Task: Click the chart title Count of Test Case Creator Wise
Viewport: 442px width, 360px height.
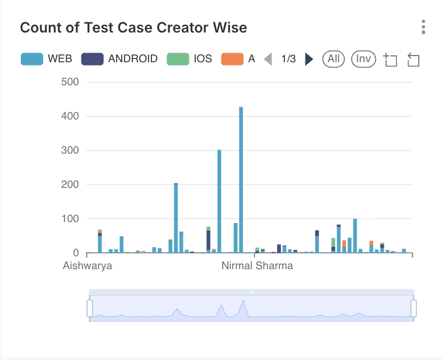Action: pos(133,27)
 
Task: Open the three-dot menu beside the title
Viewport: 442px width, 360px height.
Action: pos(423,27)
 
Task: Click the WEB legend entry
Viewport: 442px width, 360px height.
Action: pos(47,59)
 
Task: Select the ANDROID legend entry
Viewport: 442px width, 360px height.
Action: pos(119,59)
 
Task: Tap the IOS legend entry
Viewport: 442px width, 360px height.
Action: pos(190,59)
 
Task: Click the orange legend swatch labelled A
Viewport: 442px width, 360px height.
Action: pos(232,59)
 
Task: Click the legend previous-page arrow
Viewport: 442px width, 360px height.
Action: pos(268,59)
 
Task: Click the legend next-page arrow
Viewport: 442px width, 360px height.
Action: pos(309,59)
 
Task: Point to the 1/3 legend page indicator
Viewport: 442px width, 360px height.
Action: pos(288,59)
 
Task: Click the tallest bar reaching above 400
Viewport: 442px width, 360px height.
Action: pos(241,179)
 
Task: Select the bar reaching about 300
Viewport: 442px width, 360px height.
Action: pos(219,202)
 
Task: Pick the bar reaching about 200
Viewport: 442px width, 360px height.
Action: pos(176,219)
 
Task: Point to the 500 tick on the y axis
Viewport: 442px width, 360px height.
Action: pos(70,82)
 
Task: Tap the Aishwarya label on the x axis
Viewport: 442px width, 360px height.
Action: pos(88,265)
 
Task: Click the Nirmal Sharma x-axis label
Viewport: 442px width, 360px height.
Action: pos(257,265)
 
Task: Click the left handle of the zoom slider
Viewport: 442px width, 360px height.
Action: pos(89,308)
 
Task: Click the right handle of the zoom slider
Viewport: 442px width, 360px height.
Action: pos(414,308)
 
